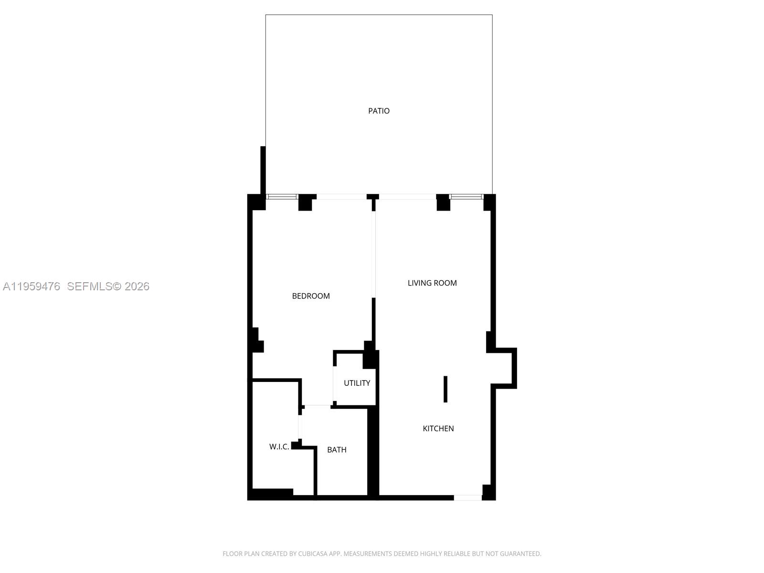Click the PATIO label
click(x=379, y=111)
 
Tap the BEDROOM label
click(x=311, y=296)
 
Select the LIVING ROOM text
click(x=432, y=283)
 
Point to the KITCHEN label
click(x=438, y=429)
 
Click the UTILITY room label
click(x=357, y=383)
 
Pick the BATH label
click(x=337, y=450)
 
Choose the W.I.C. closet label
click(x=279, y=447)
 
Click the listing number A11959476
click(x=32, y=286)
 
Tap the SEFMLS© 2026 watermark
click(x=108, y=286)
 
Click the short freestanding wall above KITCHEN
click(x=446, y=389)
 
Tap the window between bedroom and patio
click(x=282, y=197)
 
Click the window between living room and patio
click(x=467, y=197)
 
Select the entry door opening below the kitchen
click(x=467, y=498)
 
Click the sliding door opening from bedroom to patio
click(x=341, y=197)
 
